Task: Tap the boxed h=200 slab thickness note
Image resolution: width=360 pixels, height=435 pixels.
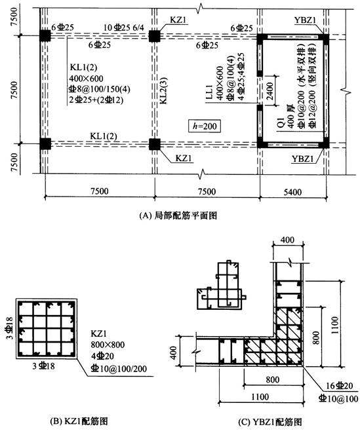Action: pos(205,126)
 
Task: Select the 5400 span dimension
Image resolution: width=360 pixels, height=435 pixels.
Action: pos(292,192)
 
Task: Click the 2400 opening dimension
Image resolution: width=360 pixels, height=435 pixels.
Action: pos(270,90)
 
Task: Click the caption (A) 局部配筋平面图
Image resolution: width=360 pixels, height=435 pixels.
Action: pos(178,216)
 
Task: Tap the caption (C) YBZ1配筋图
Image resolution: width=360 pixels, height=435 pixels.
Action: pos(270,422)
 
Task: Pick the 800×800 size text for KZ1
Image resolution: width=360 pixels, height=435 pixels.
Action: pos(108,345)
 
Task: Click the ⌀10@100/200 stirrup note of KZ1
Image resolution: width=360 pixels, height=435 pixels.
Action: pos(119,368)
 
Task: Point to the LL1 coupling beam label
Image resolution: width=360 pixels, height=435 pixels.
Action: pos(209,92)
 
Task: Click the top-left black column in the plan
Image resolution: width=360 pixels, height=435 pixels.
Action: pos(45,35)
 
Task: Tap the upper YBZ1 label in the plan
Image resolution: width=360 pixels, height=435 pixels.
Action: pos(306,20)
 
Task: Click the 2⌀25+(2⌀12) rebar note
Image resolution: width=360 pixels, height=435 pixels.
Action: pos(96,100)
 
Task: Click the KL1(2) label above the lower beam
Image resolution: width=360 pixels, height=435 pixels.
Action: pos(104,136)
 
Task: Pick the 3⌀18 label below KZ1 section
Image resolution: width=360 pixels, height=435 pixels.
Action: pos(44,366)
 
